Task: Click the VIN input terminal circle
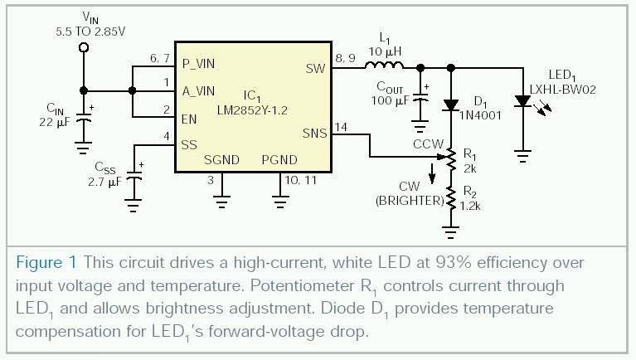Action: (84, 48)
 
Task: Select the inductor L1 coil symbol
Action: (385, 66)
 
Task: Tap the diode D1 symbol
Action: (450, 105)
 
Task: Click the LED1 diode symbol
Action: (522, 100)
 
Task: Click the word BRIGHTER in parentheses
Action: (406, 200)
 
